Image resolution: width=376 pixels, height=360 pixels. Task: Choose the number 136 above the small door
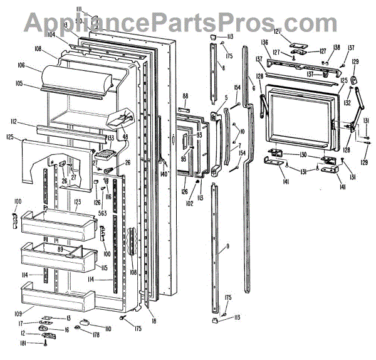coord(264,43)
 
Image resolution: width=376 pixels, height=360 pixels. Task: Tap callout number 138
coord(337,47)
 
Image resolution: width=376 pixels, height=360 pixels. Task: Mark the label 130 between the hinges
coord(301,155)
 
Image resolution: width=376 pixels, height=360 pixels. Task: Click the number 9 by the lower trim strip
coord(227,246)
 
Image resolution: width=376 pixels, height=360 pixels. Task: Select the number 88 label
coord(185,96)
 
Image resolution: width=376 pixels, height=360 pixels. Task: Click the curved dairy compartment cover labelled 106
coord(75,80)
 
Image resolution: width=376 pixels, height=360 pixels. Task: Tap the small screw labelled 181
coord(44,342)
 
